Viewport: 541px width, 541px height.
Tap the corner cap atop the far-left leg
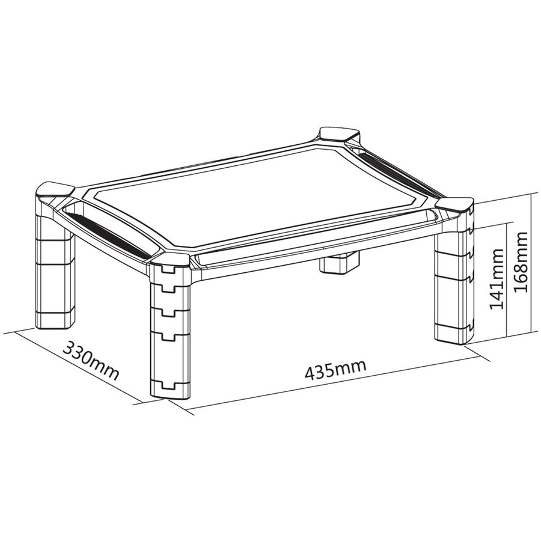53,192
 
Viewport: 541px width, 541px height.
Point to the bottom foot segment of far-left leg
54,316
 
